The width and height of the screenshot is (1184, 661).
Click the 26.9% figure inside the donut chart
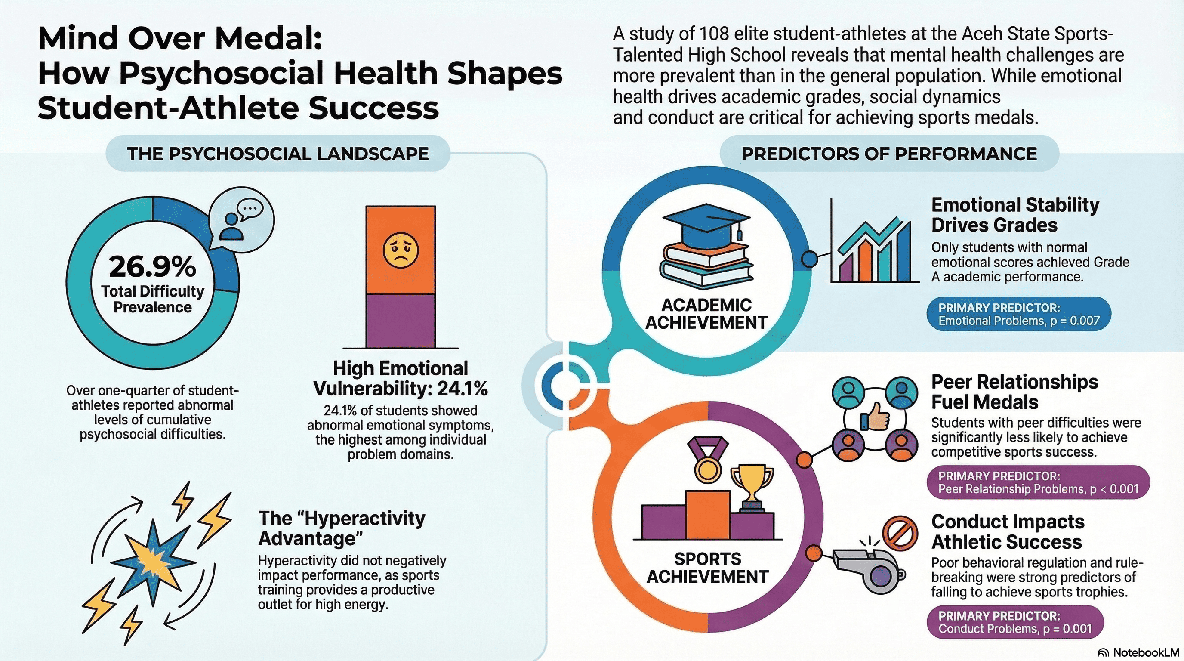(x=152, y=267)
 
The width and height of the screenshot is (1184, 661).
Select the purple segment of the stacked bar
(x=401, y=321)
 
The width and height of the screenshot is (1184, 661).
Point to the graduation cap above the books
(x=707, y=223)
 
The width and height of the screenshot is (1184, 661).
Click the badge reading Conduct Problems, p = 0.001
(x=1015, y=622)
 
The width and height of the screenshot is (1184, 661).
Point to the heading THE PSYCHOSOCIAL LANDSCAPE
(x=277, y=154)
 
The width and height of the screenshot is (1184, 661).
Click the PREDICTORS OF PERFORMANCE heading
(x=889, y=154)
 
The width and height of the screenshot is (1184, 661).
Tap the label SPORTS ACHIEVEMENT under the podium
(x=708, y=568)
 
